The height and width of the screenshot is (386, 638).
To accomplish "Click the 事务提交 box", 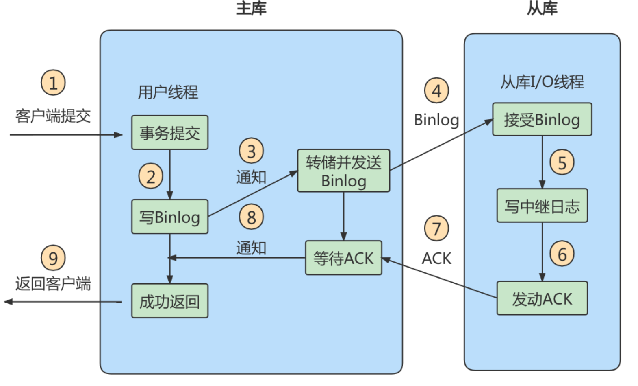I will pos(169,133).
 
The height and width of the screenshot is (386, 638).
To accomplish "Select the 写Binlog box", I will pos(169,217).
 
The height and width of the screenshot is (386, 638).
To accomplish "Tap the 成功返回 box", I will pos(169,301).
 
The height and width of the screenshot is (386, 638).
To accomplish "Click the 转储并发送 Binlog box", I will pos(343,171).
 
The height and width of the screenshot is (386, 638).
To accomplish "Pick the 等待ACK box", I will pos(343,258).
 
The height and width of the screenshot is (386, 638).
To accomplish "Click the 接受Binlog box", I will pos(542,119).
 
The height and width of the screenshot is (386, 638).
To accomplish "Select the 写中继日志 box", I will pos(542,206).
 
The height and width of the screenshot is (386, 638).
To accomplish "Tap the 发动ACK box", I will pos(542,298).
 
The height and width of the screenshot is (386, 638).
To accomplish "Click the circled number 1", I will pos(53,83).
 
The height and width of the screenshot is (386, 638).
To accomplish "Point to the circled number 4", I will pos(436,90).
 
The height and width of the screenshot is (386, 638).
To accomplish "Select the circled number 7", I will pos(436,228).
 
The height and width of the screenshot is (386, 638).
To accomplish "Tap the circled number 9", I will pos(53,258).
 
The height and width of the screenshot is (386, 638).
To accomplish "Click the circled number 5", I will pos(562,162).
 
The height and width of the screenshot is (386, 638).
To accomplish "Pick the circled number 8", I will pos(251,217).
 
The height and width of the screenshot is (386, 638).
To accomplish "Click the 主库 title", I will pos(251,9).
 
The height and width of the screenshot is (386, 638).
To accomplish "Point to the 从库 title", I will pos(542,9).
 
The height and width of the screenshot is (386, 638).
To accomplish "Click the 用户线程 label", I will pos(167,92).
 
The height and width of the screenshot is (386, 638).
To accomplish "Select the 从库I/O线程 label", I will pos(542,82).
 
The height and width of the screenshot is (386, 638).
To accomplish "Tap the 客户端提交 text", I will pos(53,116).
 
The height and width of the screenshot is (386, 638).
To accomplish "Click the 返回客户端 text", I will pos(53,283).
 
